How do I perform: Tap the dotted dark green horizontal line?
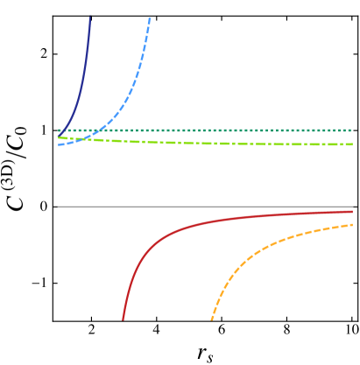coord(219,130)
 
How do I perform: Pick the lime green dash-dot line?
coord(219,143)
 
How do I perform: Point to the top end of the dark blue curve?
coord(89,17)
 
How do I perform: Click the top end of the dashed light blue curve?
coord(150,18)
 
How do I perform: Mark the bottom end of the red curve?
coord(123,319)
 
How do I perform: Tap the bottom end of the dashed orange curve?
coord(212,319)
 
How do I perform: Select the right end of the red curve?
coord(352,211)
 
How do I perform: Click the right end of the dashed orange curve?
coord(352,225)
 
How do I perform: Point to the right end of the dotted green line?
coord(352,130)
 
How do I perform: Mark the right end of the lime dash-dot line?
coord(352,144)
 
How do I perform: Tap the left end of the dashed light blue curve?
coord(59,144)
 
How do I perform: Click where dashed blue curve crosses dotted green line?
coord(103,130)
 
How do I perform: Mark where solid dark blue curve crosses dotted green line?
coord(63,130)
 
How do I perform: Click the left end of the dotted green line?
coord(59,130)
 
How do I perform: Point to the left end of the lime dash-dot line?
coord(59,137)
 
